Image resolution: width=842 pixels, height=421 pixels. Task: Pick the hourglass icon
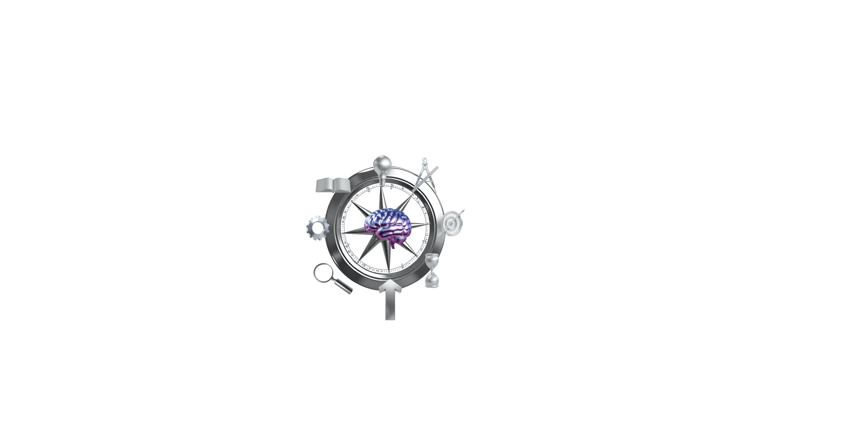tap(432, 271)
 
